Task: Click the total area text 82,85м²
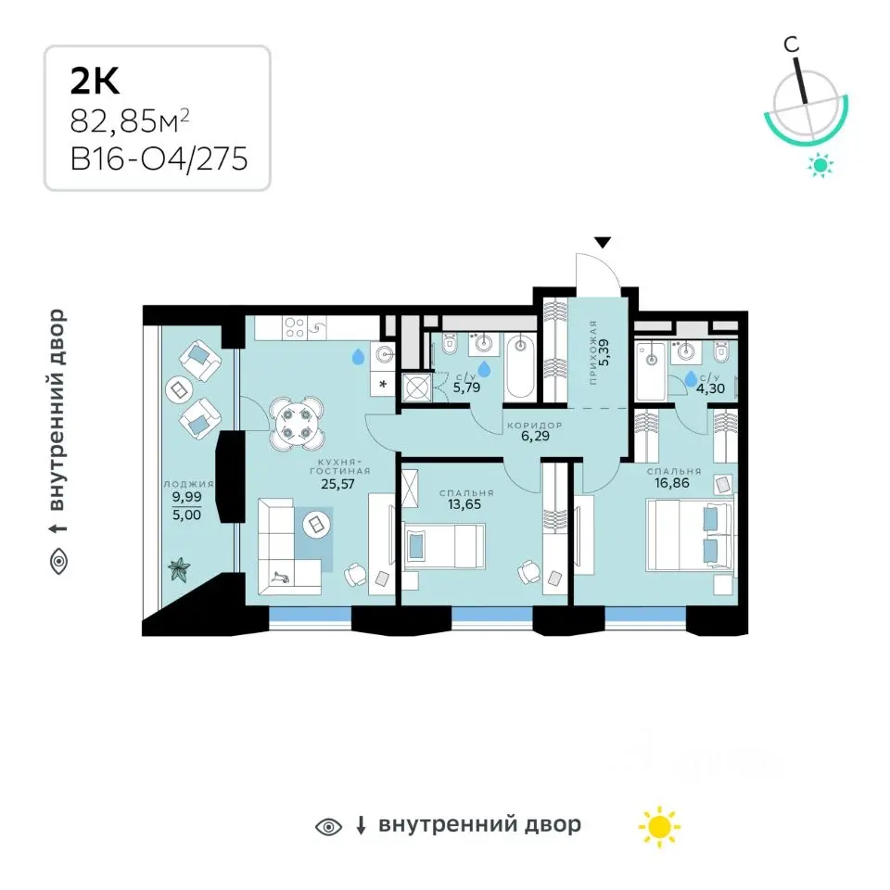[x=130, y=121]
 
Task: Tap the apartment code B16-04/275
[x=159, y=159]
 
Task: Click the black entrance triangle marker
[x=603, y=242]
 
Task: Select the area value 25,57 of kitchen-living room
[x=337, y=484]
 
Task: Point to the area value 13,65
[x=464, y=504]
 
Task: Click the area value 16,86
[x=672, y=483]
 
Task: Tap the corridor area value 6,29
[x=535, y=436]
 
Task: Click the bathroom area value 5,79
[x=466, y=388]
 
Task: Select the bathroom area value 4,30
[x=711, y=389]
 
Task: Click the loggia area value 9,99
[x=186, y=497]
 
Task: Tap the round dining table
[x=297, y=424]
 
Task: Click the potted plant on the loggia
[x=179, y=569]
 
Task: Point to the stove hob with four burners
[x=295, y=327]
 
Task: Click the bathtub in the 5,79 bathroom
[x=520, y=367]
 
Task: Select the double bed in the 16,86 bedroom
[x=690, y=534]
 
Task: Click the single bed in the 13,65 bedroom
[x=444, y=546]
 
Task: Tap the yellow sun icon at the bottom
[x=659, y=826]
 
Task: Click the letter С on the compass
[x=791, y=44]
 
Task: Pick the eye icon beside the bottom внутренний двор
[x=328, y=826]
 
